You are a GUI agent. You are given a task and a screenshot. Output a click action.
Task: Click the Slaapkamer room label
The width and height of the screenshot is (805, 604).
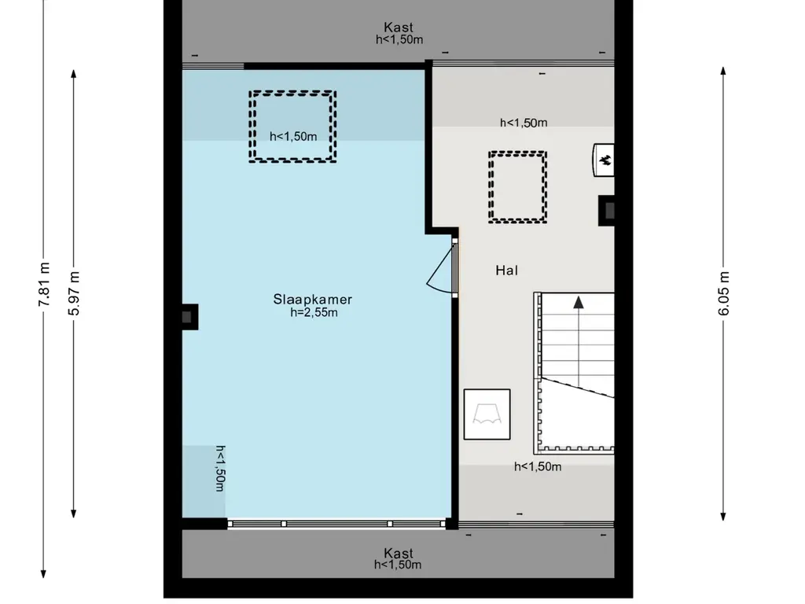(313, 299)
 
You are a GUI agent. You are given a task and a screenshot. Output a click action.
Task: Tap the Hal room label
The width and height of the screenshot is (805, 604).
(507, 271)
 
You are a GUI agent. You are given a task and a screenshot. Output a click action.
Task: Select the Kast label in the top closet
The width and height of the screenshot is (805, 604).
(399, 28)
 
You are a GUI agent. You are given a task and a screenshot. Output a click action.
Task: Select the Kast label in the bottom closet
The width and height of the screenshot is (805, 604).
(399, 553)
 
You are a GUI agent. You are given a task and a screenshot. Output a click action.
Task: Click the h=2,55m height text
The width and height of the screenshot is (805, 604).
(314, 312)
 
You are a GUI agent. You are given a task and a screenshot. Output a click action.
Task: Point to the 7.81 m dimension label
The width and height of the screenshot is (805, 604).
(44, 284)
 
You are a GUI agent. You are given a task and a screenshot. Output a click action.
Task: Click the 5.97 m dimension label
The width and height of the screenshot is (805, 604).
(75, 293)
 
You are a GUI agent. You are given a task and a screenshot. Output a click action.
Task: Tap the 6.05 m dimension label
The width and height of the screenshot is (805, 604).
(723, 293)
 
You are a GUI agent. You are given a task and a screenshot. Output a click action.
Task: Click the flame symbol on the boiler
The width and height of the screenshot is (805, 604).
(605, 160)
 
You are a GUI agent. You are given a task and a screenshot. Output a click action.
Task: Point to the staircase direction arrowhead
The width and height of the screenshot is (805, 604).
(579, 302)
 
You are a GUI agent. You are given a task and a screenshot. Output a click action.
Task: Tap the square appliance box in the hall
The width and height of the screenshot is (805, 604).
(487, 414)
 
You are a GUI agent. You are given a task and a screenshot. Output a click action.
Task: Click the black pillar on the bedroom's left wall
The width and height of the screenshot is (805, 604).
(189, 317)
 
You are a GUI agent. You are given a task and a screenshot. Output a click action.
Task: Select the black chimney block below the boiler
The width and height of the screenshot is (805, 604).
(607, 211)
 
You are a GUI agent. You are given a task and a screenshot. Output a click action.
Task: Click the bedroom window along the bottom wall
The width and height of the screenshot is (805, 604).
(336, 524)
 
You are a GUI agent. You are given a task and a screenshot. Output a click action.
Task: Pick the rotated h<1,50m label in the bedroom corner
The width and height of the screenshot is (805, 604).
(220, 469)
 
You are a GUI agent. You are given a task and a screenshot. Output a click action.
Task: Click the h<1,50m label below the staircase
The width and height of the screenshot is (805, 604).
(538, 466)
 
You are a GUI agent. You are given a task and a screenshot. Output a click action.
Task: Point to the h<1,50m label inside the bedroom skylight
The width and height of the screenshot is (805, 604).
(293, 136)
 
